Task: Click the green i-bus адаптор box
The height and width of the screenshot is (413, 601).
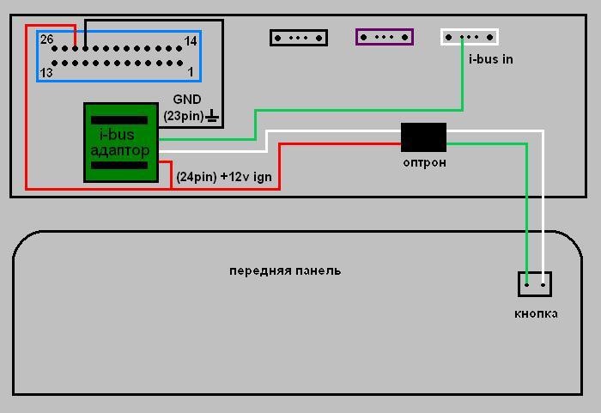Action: pos(121,143)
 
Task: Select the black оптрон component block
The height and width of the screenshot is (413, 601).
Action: pos(423,137)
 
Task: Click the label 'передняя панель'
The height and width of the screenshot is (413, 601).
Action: pos(285,271)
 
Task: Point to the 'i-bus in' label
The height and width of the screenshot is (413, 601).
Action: pos(490,59)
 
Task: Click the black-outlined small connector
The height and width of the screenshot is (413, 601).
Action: pos(299,38)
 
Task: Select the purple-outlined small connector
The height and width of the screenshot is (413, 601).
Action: pos(385,37)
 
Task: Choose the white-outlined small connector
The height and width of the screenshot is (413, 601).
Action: pos(470,37)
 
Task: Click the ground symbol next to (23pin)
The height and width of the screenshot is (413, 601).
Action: pos(212,115)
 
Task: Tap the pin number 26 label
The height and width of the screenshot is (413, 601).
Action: pos(46,39)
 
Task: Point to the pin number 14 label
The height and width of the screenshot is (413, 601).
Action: pos(191,40)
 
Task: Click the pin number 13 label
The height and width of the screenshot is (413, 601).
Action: pos(46,72)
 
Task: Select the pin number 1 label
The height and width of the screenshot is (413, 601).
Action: pos(191,72)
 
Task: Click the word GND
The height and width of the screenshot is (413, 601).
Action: pos(187,100)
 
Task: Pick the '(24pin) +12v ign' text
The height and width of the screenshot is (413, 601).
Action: pos(224,177)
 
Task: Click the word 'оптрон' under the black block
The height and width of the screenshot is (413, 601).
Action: pos(424,162)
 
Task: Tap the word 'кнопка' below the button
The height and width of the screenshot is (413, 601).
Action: pos(536,313)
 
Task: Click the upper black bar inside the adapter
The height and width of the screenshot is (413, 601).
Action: pos(119,120)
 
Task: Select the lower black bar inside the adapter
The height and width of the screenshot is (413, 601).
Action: pos(119,165)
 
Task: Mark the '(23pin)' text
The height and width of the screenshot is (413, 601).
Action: pos(184,116)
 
